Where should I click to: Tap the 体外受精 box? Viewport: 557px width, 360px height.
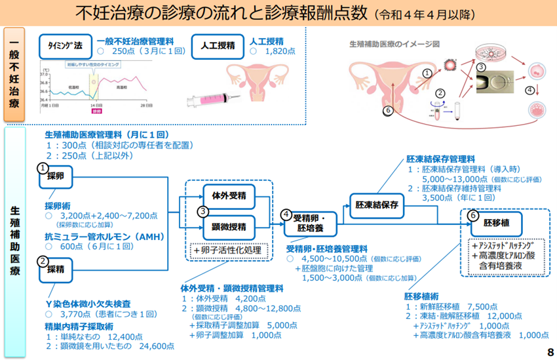coord(229,195)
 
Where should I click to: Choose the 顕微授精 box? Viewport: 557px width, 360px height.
coord(229,227)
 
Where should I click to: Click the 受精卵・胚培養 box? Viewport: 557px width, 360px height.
coord(310,223)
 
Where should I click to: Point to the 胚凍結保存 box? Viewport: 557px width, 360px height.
coord(377,205)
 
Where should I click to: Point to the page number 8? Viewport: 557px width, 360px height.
coord(549,352)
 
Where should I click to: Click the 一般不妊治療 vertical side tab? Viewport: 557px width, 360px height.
coord(16,74)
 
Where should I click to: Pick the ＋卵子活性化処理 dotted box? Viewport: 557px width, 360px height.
coord(227,250)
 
